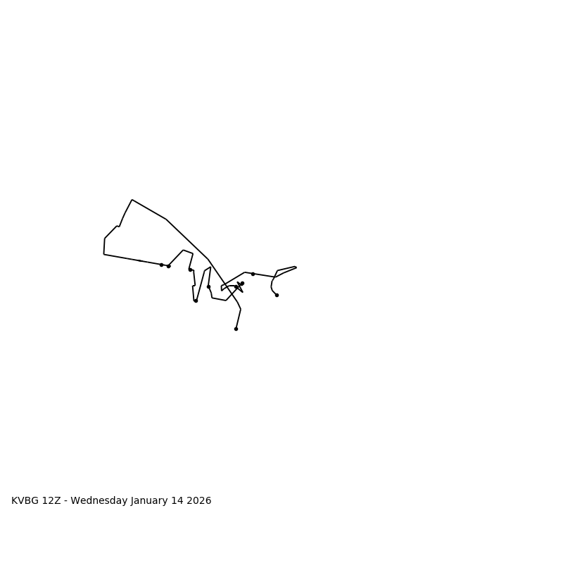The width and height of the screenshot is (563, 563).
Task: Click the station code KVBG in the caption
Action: tap(25, 501)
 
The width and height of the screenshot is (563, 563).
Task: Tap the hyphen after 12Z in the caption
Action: tap(65, 501)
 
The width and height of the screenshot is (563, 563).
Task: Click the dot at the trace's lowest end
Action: tap(236, 329)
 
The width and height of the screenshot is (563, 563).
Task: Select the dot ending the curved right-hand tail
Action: tap(277, 295)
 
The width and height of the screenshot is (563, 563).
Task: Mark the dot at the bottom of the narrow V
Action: tap(196, 301)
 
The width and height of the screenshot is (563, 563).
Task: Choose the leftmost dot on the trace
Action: tap(161, 265)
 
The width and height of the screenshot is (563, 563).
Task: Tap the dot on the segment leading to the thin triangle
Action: tap(253, 274)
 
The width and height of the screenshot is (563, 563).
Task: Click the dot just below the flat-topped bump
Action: tap(190, 270)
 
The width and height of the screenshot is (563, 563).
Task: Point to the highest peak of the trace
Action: tap(132, 200)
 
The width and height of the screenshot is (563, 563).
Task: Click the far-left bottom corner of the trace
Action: tap(104, 254)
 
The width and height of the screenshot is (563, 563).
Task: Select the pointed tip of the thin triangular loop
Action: tap(296, 267)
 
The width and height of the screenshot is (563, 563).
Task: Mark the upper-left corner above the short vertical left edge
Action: tap(105, 239)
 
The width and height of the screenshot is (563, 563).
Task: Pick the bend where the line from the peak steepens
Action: tap(166, 219)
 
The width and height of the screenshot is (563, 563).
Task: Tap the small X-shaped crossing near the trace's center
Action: tap(239, 286)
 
